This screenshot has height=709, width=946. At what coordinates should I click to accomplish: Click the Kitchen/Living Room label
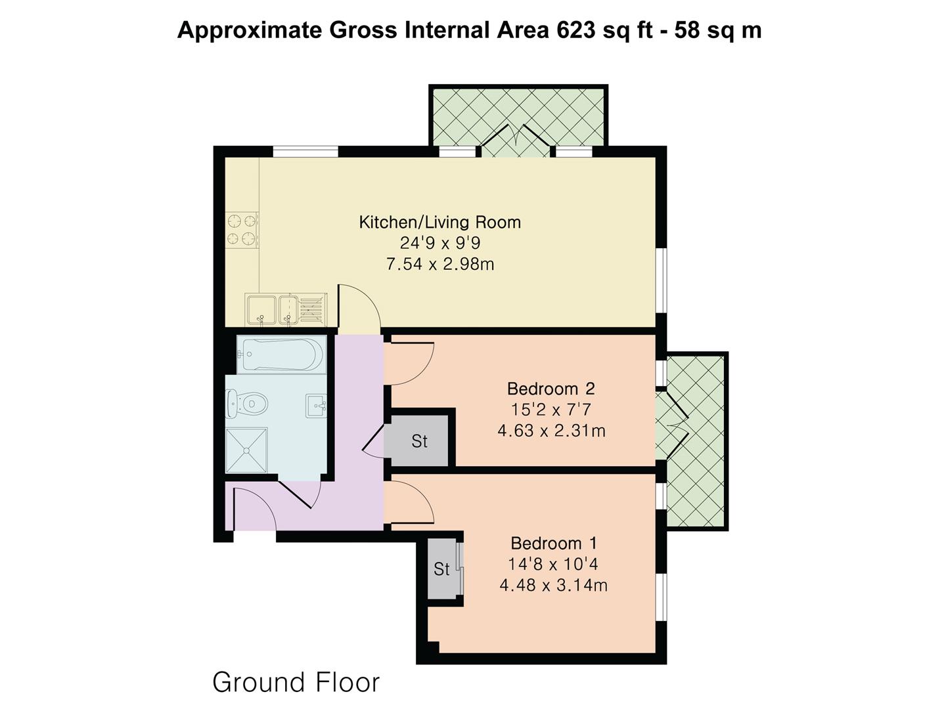pyautogui.click(x=439, y=222)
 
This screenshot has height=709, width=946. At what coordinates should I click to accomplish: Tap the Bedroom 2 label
pyautogui.click(x=551, y=389)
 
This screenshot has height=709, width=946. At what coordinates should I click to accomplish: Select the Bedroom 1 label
pyautogui.click(x=553, y=544)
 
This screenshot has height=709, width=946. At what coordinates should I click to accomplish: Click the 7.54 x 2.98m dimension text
pyautogui.click(x=439, y=264)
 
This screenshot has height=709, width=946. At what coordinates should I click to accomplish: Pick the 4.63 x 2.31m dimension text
pyautogui.click(x=551, y=431)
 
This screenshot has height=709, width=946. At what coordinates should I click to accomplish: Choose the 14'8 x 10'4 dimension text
pyautogui.click(x=553, y=564)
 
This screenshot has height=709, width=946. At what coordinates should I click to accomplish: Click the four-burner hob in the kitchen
pyautogui.click(x=242, y=230)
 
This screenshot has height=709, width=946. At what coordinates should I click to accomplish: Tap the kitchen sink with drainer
pyautogui.click(x=286, y=309)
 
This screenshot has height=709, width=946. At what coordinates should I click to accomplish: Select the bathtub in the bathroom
pyautogui.click(x=281, y=354)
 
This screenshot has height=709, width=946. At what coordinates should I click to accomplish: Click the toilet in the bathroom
pyautogui.click(x=247, y=404)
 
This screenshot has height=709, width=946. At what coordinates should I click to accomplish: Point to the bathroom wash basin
pyautogui.click(x=316, y=405)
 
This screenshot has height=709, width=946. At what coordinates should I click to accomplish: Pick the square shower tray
pyautogui.click(x=246, y=450)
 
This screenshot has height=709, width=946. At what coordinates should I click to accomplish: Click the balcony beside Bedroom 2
pyautogui.click(x=696, y=441)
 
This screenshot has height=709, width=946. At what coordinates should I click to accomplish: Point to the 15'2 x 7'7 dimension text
pyautogui.click(x=551, y=410)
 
